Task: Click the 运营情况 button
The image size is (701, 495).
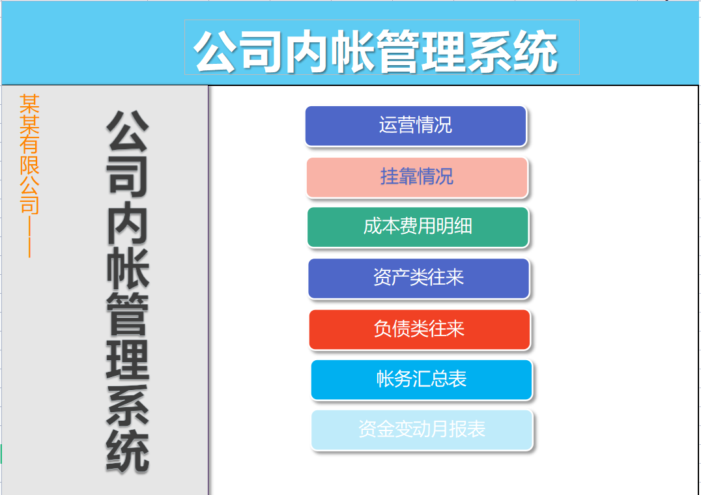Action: tap(416, 126)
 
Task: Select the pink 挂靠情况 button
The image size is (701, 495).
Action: tap(417, 177)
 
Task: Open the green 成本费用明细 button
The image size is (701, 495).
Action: tap(418, 227)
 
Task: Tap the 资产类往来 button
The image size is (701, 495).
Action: tap(418, 278)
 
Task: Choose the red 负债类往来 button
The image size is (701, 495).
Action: tap(419, 329)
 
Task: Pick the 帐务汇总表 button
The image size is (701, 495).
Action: tap(422, 380)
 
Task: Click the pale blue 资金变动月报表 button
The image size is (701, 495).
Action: tap(422, 430)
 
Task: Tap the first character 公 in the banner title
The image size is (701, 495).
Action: tap(218, 51)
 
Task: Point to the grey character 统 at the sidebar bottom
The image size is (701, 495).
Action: tap(128, 451)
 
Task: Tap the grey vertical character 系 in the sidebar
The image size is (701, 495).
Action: tap(128, 405)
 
